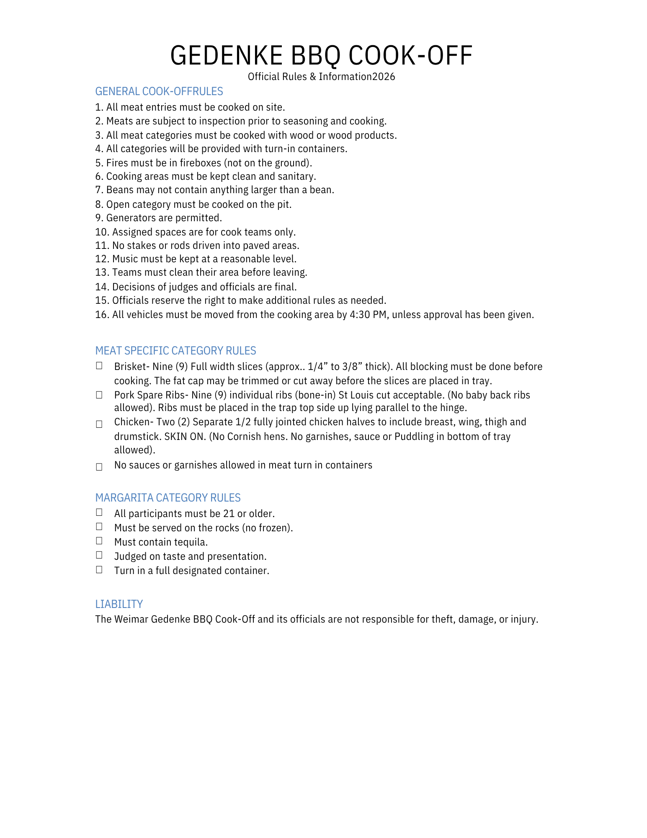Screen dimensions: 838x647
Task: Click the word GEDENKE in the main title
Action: tap(227, 55)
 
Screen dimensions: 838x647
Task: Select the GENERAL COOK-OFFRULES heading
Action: tap(159, 91)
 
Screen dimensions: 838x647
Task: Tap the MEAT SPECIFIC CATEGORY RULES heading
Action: tap(175, 351)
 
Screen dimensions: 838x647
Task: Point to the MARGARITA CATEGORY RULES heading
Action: tap(168, 498)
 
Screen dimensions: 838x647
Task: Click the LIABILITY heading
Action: tap(119, 604)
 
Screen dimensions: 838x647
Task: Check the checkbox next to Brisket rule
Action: tap(99, 366)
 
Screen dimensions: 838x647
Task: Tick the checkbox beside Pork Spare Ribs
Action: tap(99, 395)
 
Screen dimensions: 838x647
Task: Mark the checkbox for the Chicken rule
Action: tap(99, 424)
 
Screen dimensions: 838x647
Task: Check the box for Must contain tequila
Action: tap(99, 541)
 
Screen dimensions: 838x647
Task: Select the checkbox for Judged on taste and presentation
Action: tap(99, 555)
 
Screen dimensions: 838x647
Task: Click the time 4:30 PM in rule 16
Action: tap(368, 315)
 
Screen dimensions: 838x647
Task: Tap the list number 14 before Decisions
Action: tap(102, 287)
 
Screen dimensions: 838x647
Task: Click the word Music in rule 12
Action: tap(124, 259)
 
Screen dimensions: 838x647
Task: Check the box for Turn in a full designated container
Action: tap(99, 569)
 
